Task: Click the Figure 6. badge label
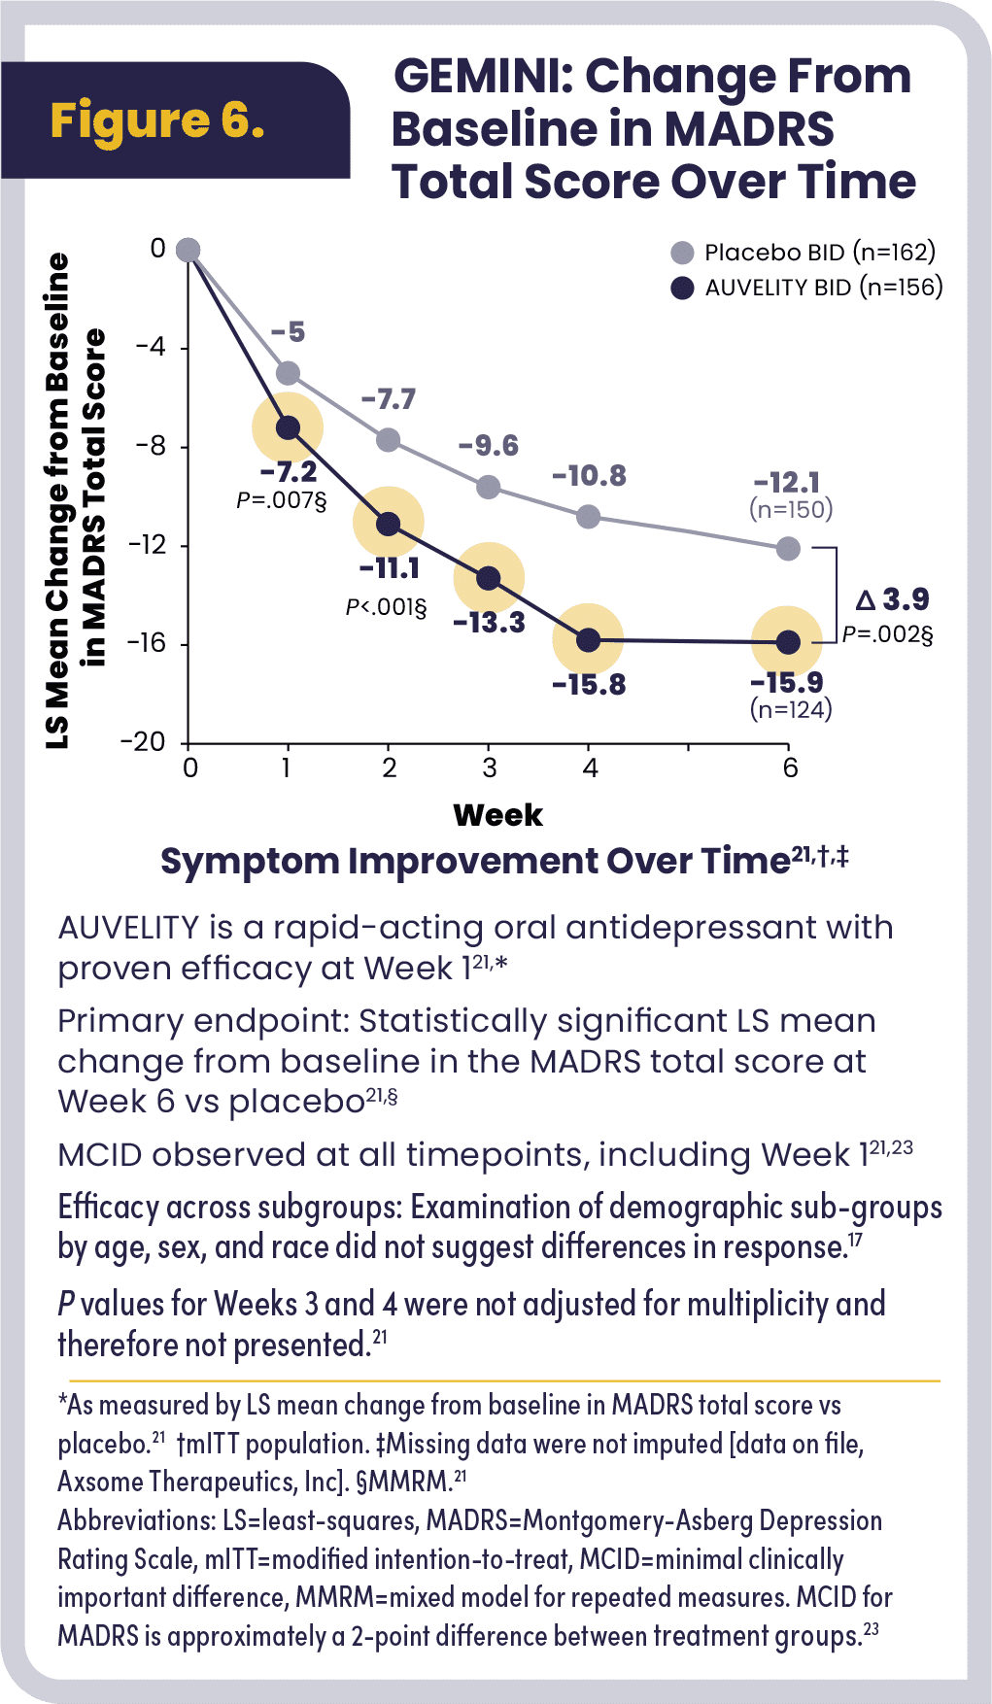point(157,120)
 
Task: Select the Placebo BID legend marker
point(683,253)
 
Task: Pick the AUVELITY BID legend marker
point(683,288)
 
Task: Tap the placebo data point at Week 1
point(288,373)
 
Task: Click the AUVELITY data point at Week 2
point(388,524)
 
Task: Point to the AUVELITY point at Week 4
point(588,639)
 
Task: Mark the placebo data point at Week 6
point(788,549)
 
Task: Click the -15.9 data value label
point(786,682)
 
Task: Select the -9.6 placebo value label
point(489,446)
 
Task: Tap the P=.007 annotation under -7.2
point(282,500)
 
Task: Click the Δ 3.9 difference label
point(892,599)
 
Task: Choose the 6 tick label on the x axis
point(790,768)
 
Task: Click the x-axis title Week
point(497,815)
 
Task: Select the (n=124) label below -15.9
point(791,710)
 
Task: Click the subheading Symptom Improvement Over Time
point(474,862)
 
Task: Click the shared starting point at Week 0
point(188,250)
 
